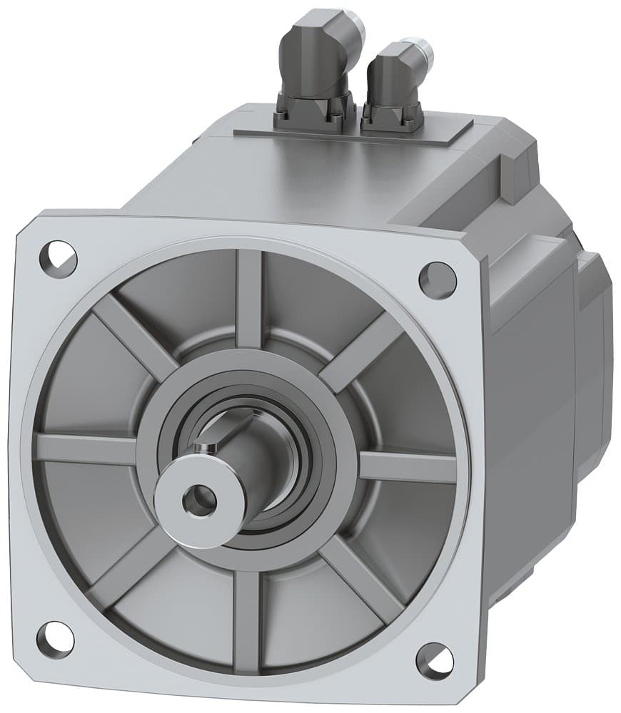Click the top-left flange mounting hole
coord(58,259)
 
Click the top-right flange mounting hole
coord(438,279)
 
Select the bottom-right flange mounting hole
coord(434,661)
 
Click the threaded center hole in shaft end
coord(198,501)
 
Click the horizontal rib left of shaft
coord(86,449)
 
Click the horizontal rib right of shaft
coord(407,467)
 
